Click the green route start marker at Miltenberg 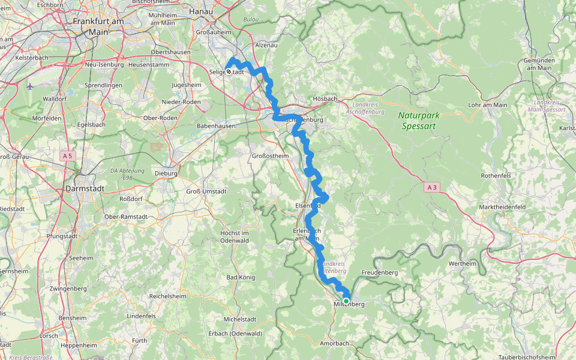point(346,301)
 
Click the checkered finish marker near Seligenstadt point(229,71)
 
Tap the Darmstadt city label point(88,188)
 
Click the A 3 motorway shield point(431,188)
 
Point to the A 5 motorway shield point(68,155)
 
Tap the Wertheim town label point(463,263)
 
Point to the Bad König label point(241,277)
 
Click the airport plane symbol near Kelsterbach point(31,86)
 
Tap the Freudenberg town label point(380,272)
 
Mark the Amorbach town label point(334,343)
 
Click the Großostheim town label point(269,156)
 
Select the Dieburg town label point(166,173)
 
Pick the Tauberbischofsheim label point(526,357)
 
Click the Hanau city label point(201,11)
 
